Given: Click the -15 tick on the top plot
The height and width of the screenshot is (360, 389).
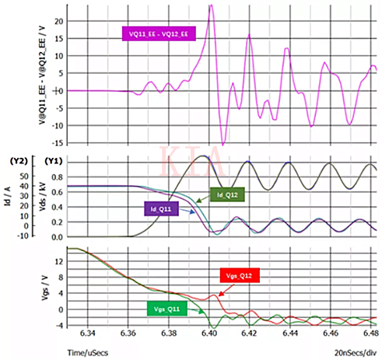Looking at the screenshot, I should (x=58, y=143).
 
